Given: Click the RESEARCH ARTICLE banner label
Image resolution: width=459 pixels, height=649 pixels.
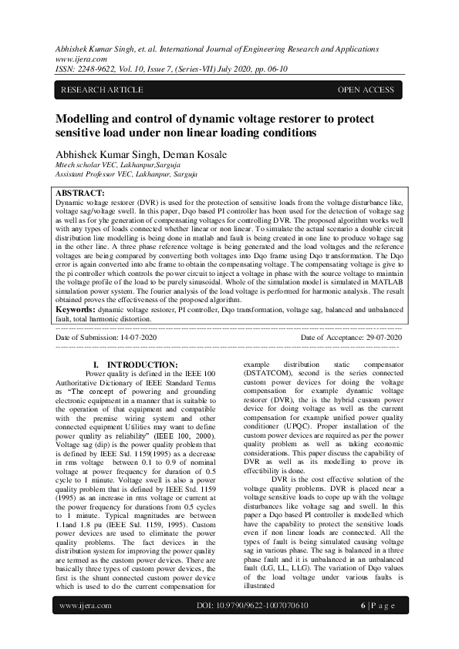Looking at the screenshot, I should [x=101, y=90].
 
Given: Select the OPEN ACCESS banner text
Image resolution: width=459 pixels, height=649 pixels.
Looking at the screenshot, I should [x=365, y=90].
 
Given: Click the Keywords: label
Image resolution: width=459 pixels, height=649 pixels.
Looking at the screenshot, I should [x=80, y=308].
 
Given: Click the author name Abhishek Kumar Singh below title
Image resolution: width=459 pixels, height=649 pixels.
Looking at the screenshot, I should [x=103, y=154].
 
